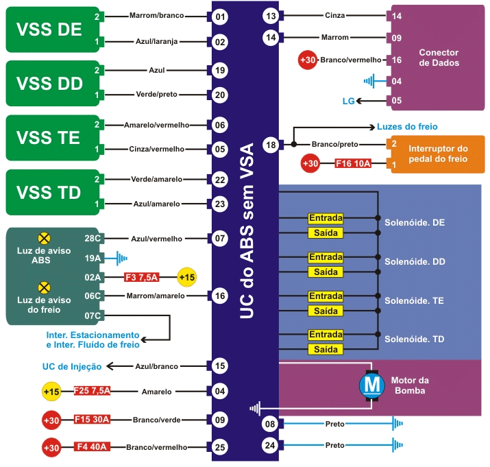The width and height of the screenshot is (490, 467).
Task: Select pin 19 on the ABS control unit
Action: [x=219, y=70]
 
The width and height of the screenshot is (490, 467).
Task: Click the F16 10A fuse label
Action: [x=353, y=164]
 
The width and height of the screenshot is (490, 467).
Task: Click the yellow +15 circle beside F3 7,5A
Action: [x=186, y=277]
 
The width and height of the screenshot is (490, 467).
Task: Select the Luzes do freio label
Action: [x=407, y=127]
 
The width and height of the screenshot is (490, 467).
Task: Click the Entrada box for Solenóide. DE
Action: [x=326, y=218]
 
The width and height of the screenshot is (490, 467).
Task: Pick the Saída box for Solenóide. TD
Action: [x=326, y=350]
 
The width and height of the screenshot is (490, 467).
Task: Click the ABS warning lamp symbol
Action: [x=44, y=238]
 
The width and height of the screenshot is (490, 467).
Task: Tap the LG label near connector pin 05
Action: [x=349, y=101]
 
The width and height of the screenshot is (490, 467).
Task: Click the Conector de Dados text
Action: [x=439, y=58]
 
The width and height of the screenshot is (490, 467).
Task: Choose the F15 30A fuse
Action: [x=93, y=419]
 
